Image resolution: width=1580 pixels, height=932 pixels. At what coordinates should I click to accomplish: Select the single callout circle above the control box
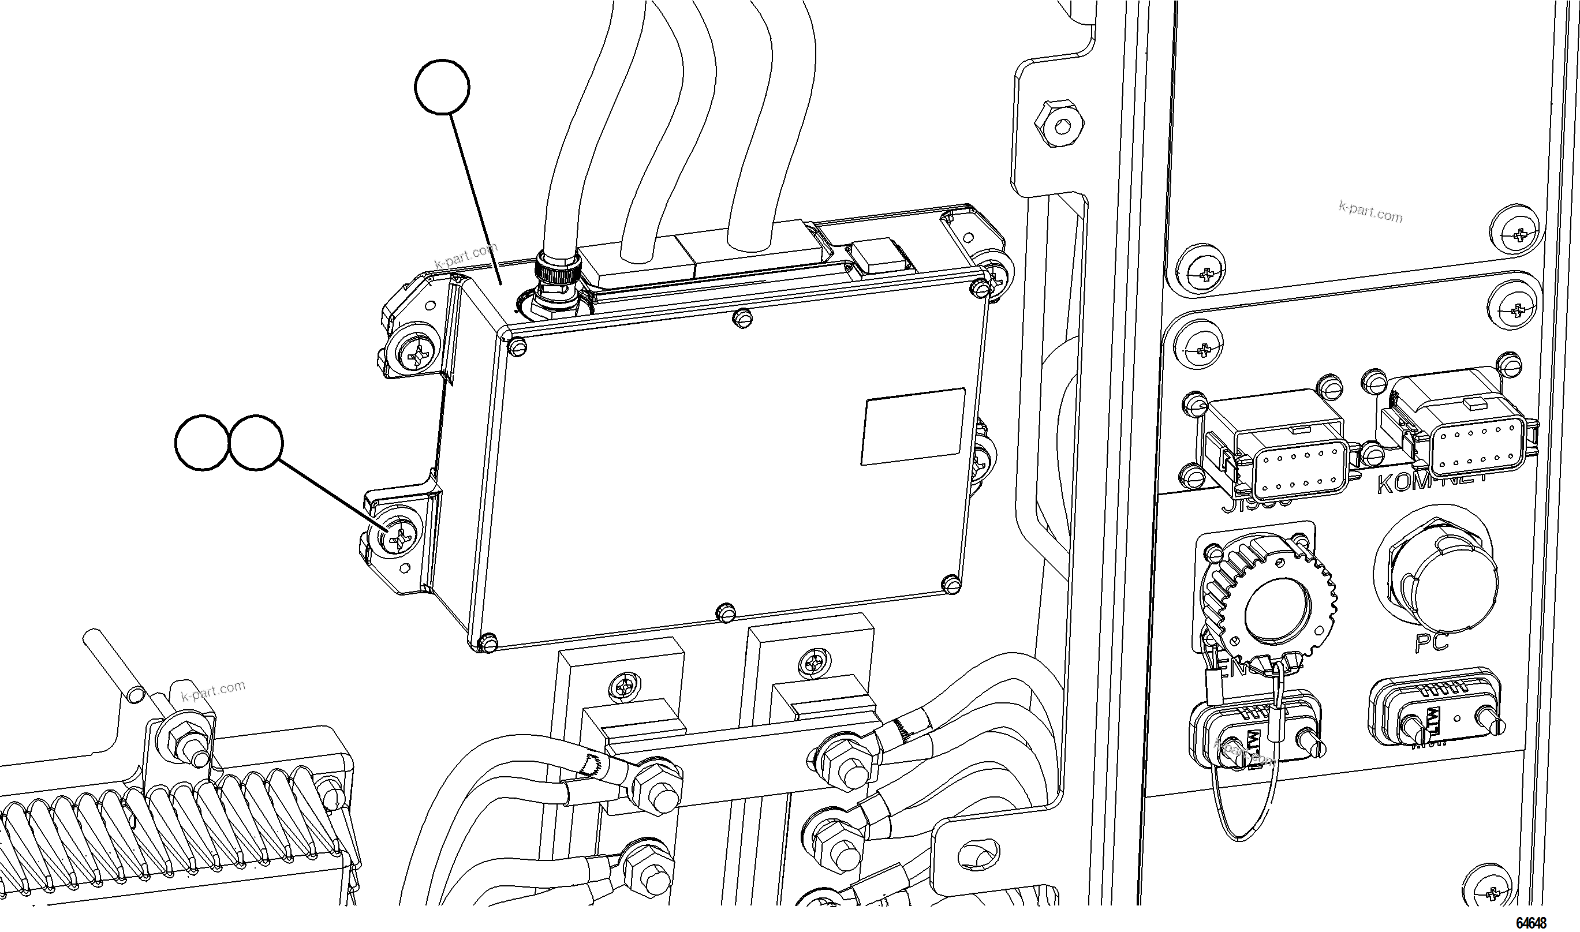point(442,87)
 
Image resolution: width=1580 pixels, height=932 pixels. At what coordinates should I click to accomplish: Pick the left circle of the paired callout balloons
point(201,441)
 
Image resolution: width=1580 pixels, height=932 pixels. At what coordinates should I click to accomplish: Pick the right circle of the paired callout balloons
point(256,441)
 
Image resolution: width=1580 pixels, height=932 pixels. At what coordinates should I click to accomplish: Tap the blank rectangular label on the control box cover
point(912,426)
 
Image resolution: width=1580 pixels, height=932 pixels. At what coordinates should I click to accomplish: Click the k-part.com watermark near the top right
point(1370,212)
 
